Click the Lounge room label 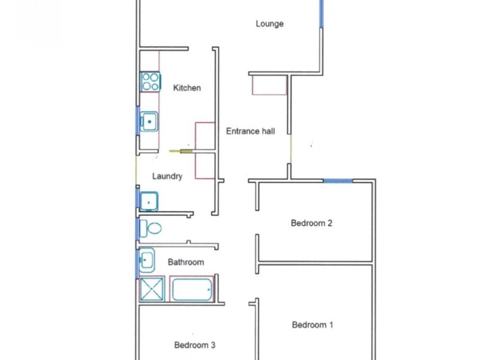click(x=269, y=24)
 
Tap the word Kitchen click(x=187, y=88)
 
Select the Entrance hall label click(x=250, y=131)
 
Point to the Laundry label click(x=167, y=176)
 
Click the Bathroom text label click(x=185, y=262)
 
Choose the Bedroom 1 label click(x=313, y=325)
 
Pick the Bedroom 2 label click(x=311, y=223)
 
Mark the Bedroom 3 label click(x=194, y=345)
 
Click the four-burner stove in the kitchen click(x=150, y=82)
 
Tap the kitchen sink click(x=149, y=122)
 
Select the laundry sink click(x=148, y=200)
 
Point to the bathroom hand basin click(x=146, y=260)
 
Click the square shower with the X click(x=152, y=289)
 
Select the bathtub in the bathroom click(x=193, y=289)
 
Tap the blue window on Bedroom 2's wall click(x=338, y=180)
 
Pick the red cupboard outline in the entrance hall click(x=269, y=85)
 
